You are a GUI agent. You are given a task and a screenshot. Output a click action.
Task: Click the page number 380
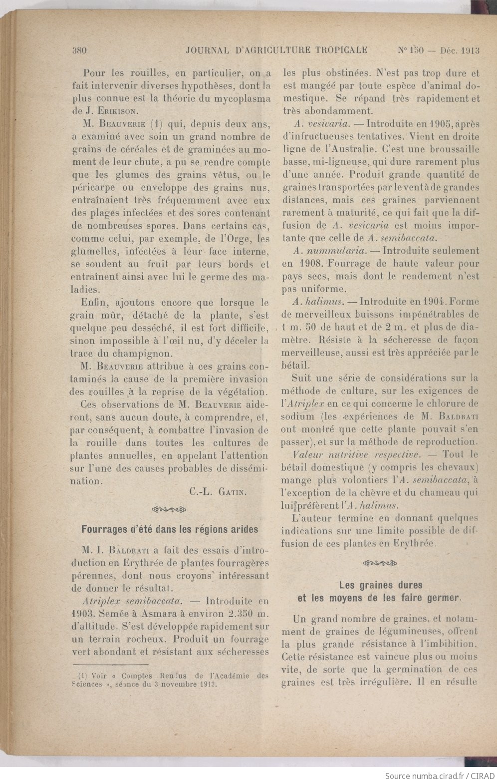(x=80, y=50)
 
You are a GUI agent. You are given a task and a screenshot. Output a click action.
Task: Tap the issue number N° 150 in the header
(x=410, y=50)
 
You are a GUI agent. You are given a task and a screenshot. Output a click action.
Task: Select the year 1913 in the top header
(x=471, y=50)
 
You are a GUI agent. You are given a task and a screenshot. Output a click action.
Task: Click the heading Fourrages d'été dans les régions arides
(x=170, y=529)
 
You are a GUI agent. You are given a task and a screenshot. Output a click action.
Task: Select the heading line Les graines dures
(x=381, y=585)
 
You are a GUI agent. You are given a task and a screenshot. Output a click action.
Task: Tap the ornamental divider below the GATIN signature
(x=170, y=510)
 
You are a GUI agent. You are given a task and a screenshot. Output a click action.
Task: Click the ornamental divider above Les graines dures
(x=381, y=564)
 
